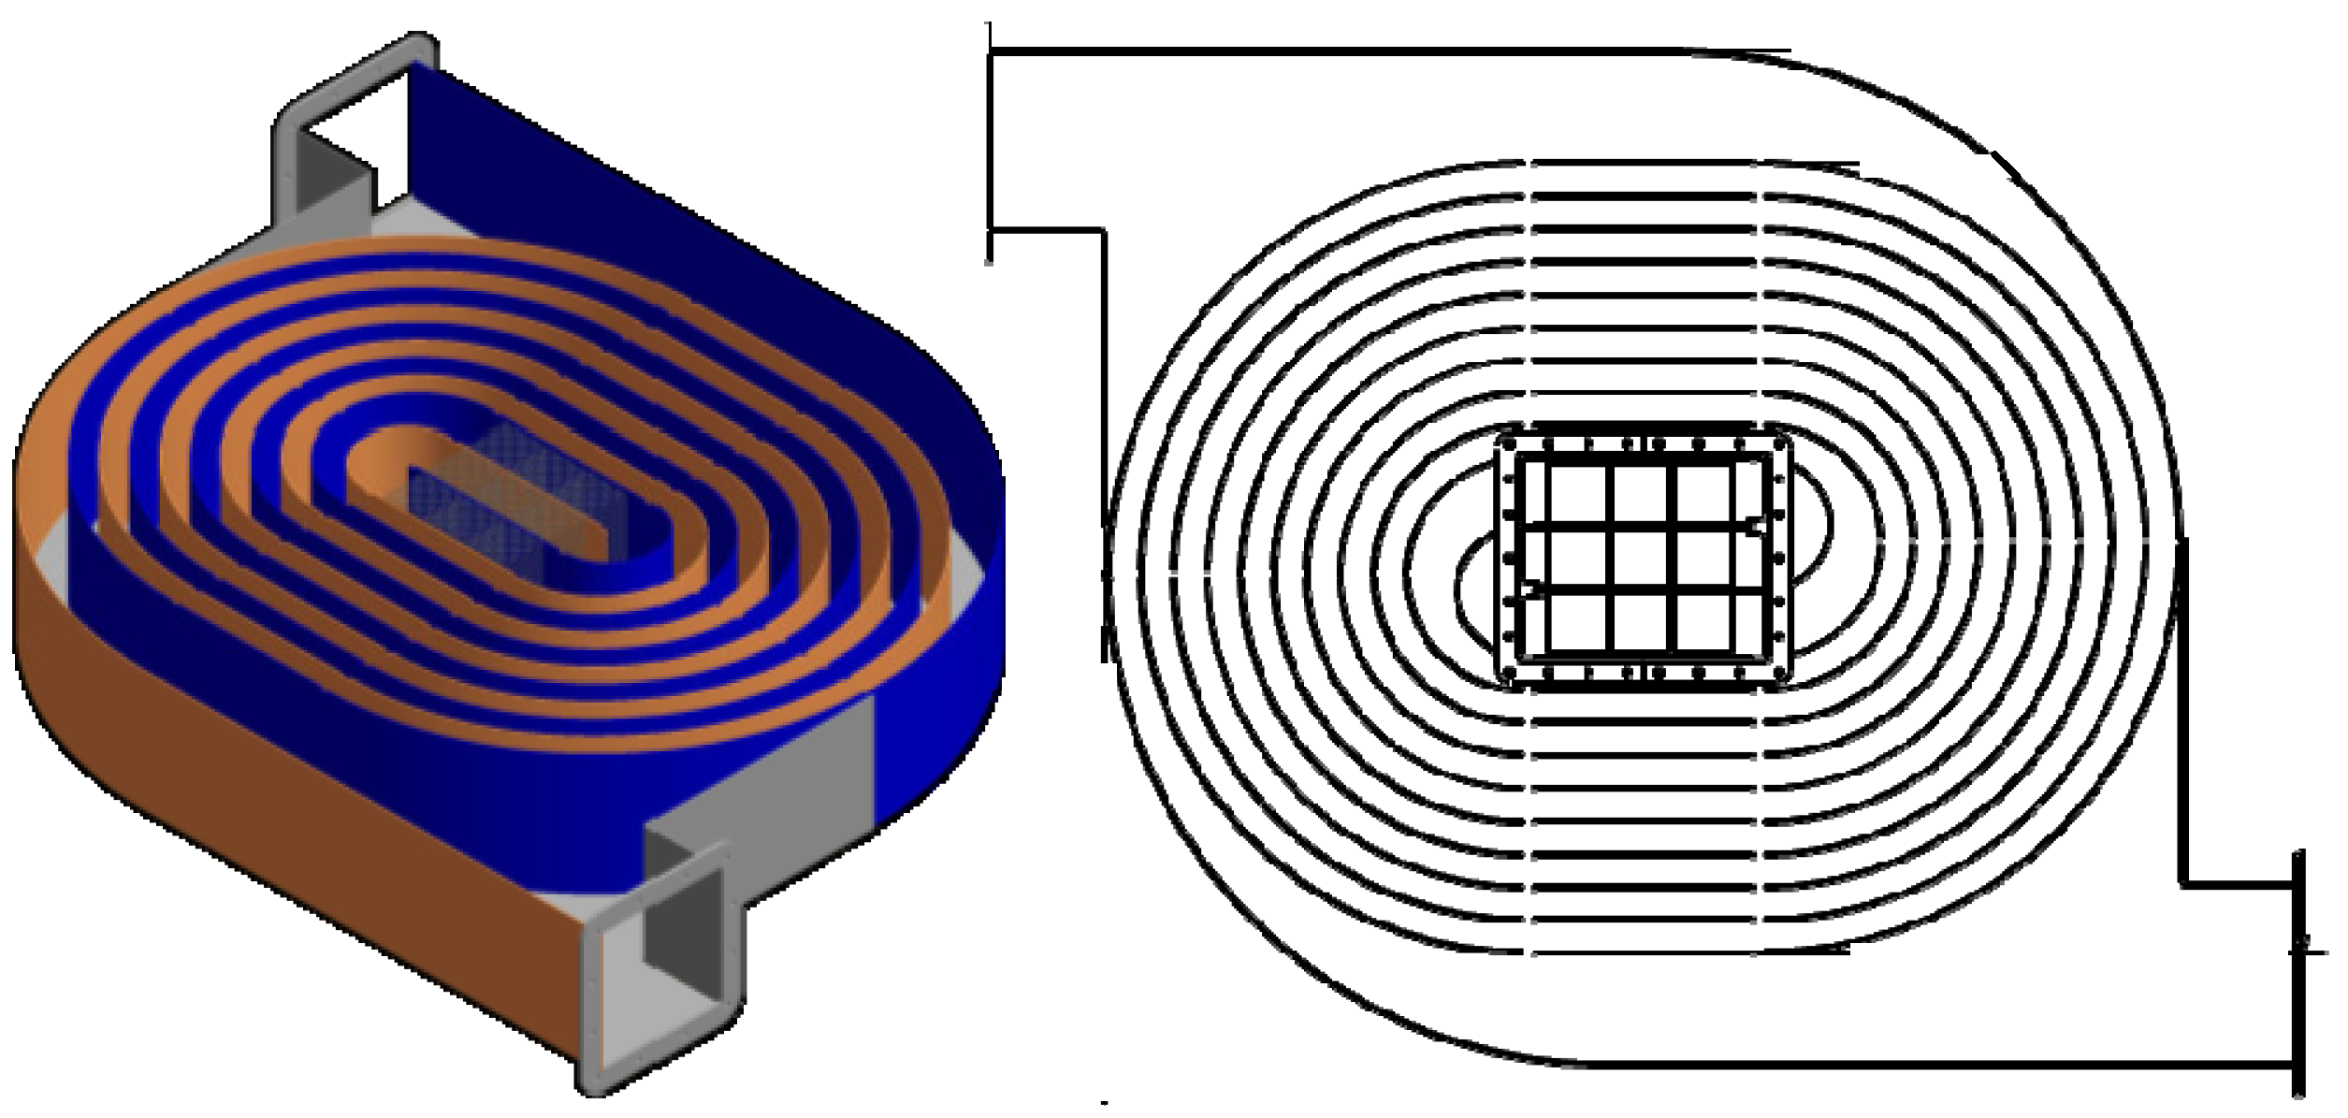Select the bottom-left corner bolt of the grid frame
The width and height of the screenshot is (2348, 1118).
[x=1507, y=675]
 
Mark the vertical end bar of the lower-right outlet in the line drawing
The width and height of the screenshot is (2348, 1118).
[x=2298, y=973]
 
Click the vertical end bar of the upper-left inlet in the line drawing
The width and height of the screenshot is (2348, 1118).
[x=991, y=140]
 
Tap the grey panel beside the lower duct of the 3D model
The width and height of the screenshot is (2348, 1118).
[x=804, y=767]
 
